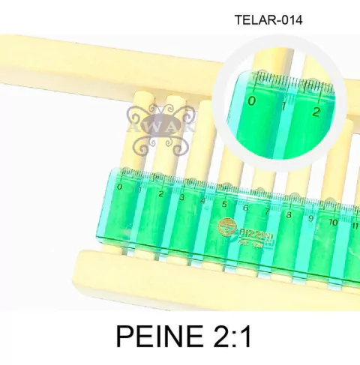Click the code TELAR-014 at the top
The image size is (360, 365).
pyautogui.click(x=268, y=20)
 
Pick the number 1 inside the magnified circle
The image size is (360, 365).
pyautogui.click(x=283, y=107)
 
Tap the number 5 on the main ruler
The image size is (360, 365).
pyautogui.click(x=223, y=205)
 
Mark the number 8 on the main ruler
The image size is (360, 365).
pyautogui.click(x=289, y=215)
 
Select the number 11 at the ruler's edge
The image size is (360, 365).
pyautogui.click(x=354, y=225)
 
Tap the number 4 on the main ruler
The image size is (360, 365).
pyautogui.click(x=203, y=201)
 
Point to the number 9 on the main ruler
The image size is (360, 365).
pyautogui.click(x=310, y=219)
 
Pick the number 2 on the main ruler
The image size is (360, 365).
pyautogui.click(x=160, y=194)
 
